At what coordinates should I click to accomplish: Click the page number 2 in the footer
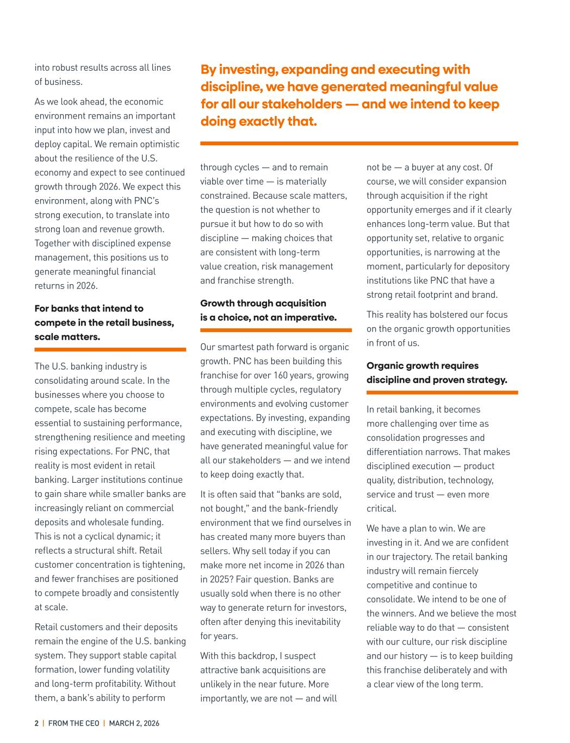[36, 723]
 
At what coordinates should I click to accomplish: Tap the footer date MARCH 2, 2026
[134, 723]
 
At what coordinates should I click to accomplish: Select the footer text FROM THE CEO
[74, 723]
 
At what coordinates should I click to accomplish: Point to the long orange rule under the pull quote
[359, 143]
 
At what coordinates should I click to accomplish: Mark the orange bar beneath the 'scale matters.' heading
[110, 349]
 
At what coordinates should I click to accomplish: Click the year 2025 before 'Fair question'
[220, 579]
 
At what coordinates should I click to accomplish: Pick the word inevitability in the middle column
[314, 622]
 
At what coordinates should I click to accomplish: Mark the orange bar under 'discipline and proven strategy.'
[442, 392]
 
